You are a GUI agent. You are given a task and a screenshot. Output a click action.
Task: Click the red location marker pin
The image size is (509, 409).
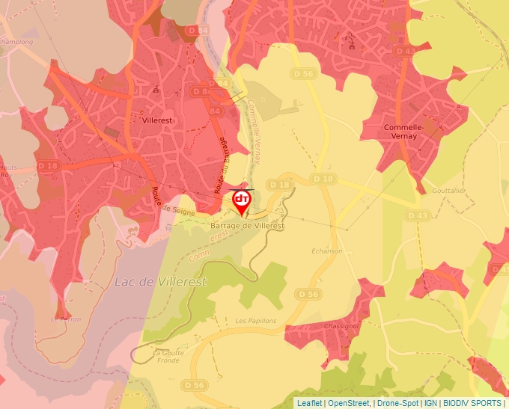[242, 201]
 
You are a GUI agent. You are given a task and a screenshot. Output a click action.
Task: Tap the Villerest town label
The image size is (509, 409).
[158, 118]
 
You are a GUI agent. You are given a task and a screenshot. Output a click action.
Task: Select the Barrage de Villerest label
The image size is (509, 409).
[249, 225]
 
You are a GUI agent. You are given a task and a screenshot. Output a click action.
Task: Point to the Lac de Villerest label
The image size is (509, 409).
[161, 282]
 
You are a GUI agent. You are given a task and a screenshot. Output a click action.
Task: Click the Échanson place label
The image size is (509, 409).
[327, 251]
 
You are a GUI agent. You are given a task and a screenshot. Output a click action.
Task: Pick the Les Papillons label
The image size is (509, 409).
[256, 321]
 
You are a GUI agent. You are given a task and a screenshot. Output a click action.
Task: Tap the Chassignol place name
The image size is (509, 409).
[342, 327]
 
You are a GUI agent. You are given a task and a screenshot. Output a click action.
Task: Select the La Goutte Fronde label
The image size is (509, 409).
[168, 356]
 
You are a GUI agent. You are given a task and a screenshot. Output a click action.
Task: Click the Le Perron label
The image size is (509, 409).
[64, 319]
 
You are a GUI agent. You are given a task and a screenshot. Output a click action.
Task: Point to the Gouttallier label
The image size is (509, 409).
[449, 191]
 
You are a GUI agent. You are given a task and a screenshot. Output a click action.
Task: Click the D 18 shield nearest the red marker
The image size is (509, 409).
[279, 185]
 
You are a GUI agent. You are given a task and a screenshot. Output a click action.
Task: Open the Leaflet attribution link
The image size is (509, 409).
[309, 403]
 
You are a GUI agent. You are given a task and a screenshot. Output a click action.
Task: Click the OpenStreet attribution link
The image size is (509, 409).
[350, 403]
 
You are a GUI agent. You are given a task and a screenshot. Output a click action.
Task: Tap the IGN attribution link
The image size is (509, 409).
[430, 403]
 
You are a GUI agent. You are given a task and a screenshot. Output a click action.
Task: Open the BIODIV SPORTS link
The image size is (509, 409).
[472, 403]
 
